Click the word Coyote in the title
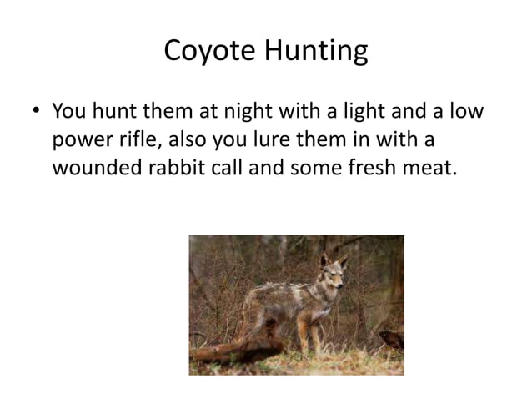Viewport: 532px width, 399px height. coord(211,53)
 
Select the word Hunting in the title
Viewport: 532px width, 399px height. coord(317,53)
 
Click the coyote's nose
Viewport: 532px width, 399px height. coord(336,289)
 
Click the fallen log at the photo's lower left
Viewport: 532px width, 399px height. coord(238,351)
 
